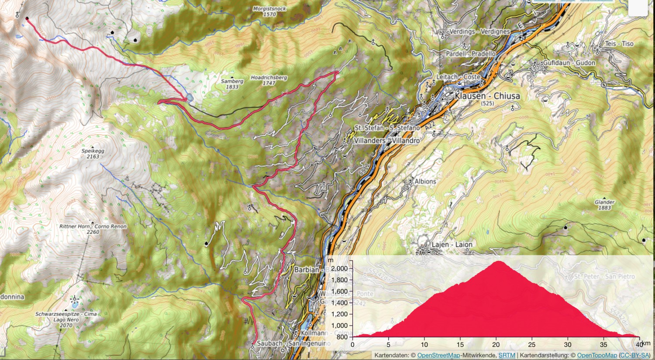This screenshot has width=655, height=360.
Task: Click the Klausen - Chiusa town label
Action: coord(487,96)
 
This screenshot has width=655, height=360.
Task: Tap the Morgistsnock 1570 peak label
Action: coord(269,11)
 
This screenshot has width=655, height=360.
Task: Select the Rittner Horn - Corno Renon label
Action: coord(93,227)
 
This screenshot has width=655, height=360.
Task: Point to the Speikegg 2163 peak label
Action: coord(93,154)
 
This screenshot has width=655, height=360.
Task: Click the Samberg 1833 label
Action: coord(232,84)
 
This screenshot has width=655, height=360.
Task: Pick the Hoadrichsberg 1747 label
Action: coord(269,80)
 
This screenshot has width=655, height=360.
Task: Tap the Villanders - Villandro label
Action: coord(386,141)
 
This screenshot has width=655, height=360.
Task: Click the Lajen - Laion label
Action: coord(452,245)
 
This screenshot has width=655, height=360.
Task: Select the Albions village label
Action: coord(425,182)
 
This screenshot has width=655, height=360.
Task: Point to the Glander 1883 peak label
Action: coord(604,205)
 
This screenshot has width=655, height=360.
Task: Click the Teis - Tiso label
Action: coord(619,44)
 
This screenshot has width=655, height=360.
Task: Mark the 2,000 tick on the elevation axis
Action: coord(339,269)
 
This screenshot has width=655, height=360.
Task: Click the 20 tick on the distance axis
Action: coord(496,344)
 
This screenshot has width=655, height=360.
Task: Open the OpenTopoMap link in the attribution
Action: coord(597,356)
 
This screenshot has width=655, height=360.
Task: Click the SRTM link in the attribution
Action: coord(507,356)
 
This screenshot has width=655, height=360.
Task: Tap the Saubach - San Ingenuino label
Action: coord(293,343)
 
